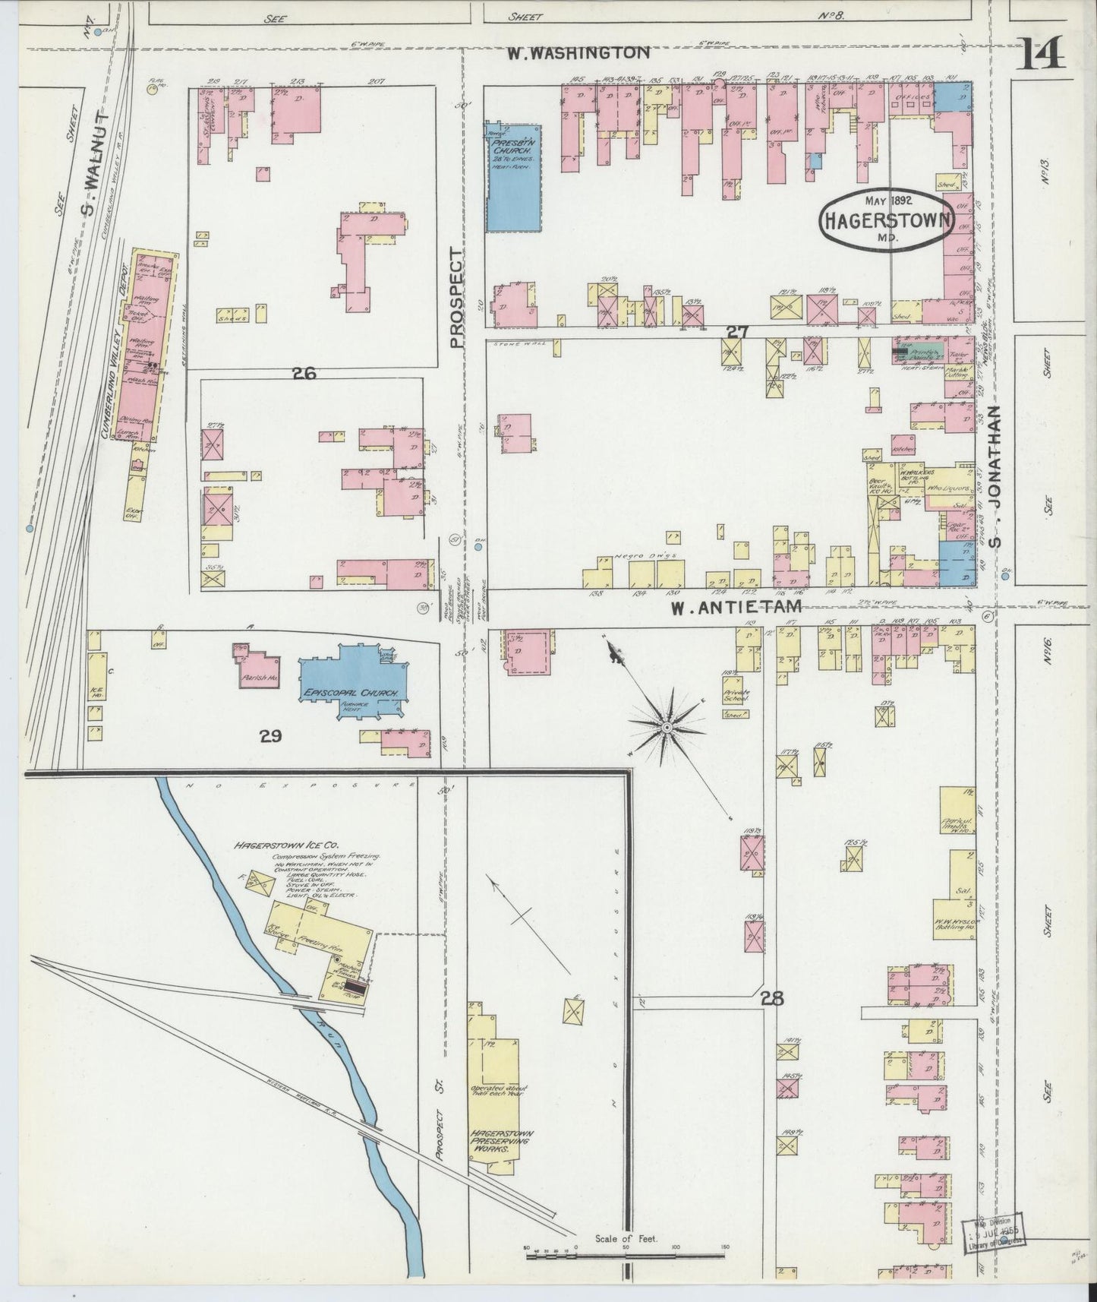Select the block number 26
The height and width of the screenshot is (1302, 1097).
point(304,373)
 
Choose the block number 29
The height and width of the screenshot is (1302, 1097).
point(270,735)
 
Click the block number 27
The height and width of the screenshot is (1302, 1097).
point(736,331)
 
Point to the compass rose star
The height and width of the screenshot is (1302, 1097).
point(667,728)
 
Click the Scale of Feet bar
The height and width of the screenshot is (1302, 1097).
point(626,1253)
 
